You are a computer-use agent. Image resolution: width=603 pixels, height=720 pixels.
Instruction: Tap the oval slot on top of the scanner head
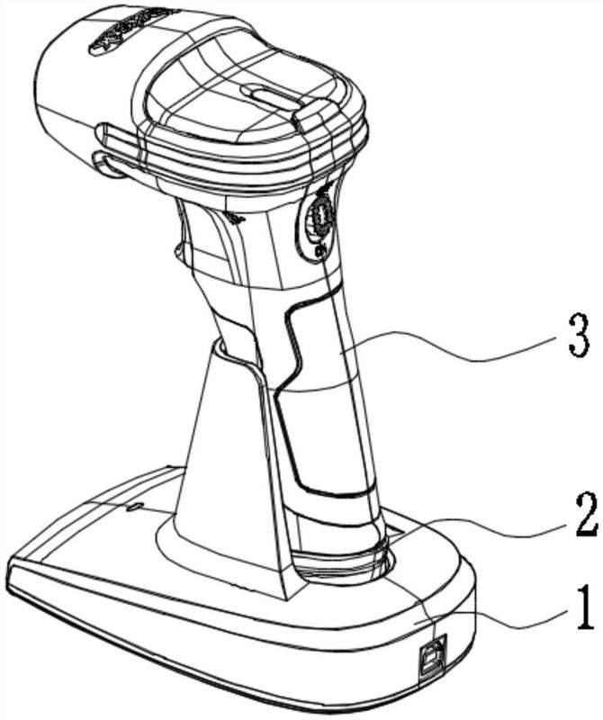270,94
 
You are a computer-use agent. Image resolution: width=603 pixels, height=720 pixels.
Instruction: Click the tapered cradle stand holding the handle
220,468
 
